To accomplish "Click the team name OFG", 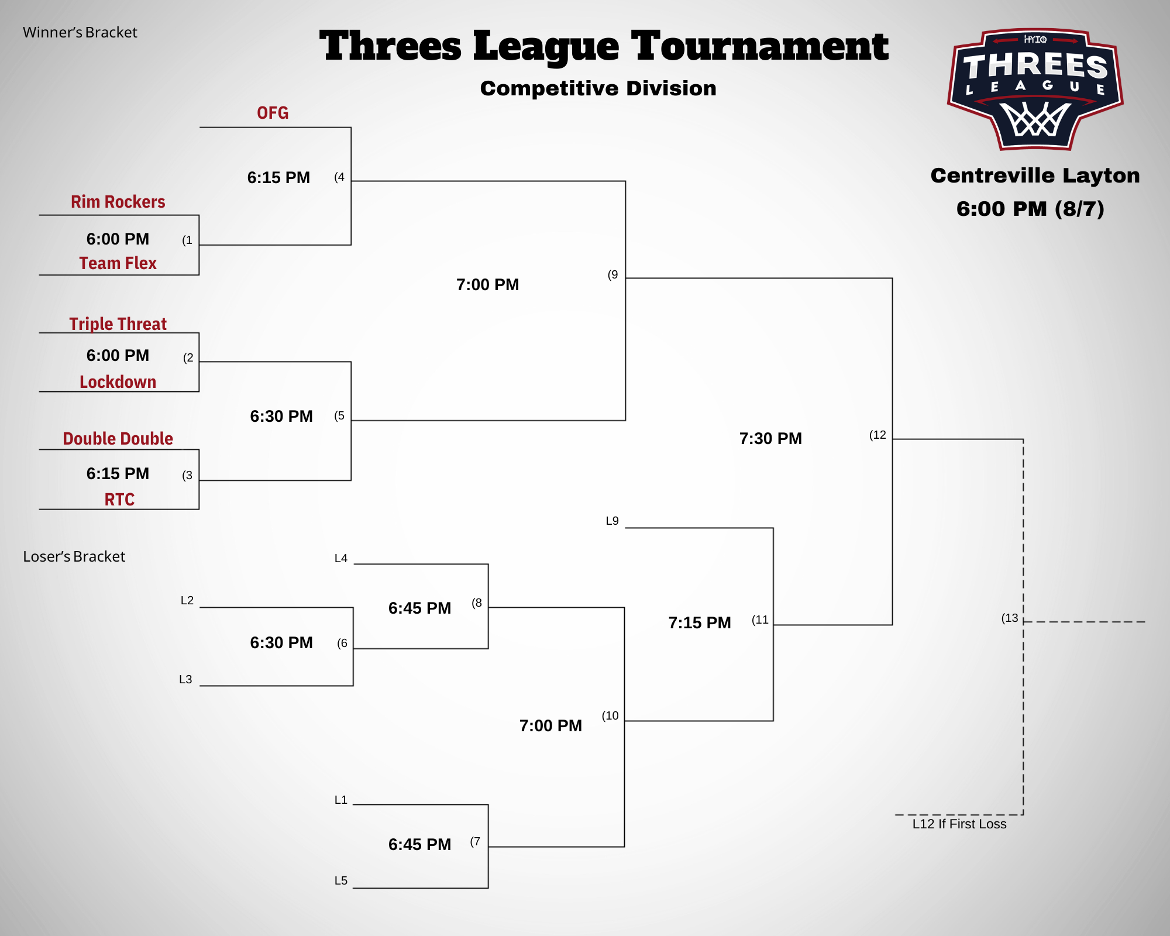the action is [x=273, y=113].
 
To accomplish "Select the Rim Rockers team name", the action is [x=118, y=202].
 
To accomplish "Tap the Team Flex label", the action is [x=118, y=263].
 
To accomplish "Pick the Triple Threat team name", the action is [x=118, y=324].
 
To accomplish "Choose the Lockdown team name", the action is [x=118, y=382].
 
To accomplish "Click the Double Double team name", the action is [x=118, y=439].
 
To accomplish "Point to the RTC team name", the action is [x=119, y=500].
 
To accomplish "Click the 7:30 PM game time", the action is [x=770, y=439].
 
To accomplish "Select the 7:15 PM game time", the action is [x=700, y=623].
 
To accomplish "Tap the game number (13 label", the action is [x=1010, y=618].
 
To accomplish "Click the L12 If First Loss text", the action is [x=959, y=824].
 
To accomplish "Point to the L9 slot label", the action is [x=612, y=521].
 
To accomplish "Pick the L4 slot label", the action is [x=341, y=559].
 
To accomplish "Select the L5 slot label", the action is [x=341, y=881].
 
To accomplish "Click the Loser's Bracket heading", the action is [x=74, y=557].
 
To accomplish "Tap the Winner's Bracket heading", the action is [x=80, y=33].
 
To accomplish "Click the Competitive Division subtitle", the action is [x=598, y=89].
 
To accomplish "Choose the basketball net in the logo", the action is [x=1035, y=120].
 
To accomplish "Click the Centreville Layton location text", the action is [x=1035, y=175].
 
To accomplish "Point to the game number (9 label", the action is [x=612, y=275].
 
